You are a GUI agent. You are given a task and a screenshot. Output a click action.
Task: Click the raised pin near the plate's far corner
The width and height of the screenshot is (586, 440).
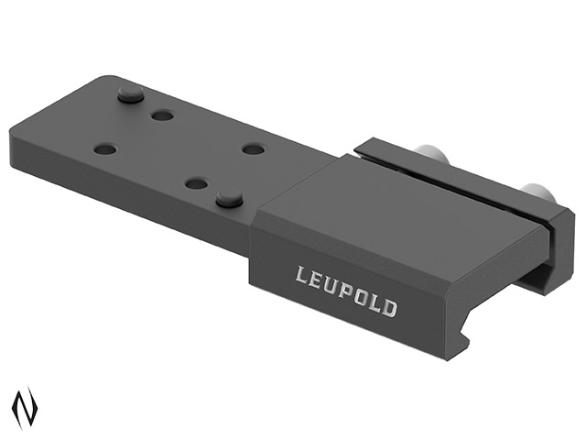130,93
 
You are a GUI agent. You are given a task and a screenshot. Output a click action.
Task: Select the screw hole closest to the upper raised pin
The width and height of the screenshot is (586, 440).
163,115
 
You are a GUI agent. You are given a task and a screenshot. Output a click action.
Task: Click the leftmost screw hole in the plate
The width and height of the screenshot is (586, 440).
104,149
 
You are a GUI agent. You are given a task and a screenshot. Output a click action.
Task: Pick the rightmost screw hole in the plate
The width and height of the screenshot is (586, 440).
254,149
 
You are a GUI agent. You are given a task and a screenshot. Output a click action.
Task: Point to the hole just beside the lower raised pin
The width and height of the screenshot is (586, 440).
197,183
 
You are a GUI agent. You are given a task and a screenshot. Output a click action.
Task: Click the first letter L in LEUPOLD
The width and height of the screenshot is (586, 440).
301,275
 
